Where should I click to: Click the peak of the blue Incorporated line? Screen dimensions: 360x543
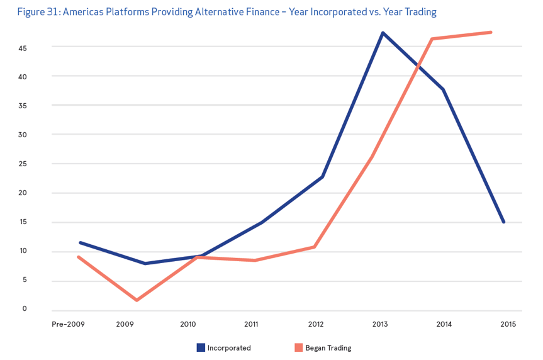pos(383,33)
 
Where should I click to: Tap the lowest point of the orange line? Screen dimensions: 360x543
pos(137,300)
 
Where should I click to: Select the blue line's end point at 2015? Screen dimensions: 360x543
pos(503,222)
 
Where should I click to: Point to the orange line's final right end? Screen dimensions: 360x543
pos(491,32)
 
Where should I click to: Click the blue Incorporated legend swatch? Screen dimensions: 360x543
pos(201,347)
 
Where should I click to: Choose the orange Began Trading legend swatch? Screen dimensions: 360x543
pos(299,347)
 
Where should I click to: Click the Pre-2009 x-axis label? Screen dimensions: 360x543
pos(68,324)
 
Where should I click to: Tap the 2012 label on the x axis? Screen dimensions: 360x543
pos(316,324)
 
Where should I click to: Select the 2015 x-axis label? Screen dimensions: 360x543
pos(508,324)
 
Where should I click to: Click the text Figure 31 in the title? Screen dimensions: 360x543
pos(38,12)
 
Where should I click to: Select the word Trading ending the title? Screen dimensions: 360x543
pos(420,12)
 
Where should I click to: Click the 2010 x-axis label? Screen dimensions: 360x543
pos(188,324)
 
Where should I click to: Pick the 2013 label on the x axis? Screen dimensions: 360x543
pos(380,324)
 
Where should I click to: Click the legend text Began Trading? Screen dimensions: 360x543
pos(328,348)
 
